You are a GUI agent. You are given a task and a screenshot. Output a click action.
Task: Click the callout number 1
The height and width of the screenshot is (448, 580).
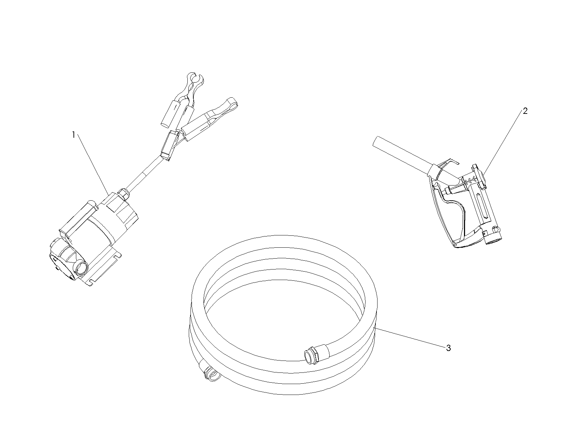coord(74,135)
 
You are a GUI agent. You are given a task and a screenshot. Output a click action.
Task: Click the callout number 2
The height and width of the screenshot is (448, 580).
coord(525,111)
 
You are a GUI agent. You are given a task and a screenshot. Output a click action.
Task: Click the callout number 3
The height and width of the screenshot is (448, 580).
coord(449,348)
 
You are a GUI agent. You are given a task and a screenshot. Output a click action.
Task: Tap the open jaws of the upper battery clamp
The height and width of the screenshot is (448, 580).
coord(195,80)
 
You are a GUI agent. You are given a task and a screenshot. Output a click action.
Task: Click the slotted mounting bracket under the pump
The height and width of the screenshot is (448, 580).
coord(104,270)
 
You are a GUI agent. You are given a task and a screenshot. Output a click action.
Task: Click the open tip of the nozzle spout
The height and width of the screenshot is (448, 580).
coord(375,141)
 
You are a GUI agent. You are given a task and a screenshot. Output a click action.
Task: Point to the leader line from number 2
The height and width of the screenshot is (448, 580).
coord(503,144)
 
